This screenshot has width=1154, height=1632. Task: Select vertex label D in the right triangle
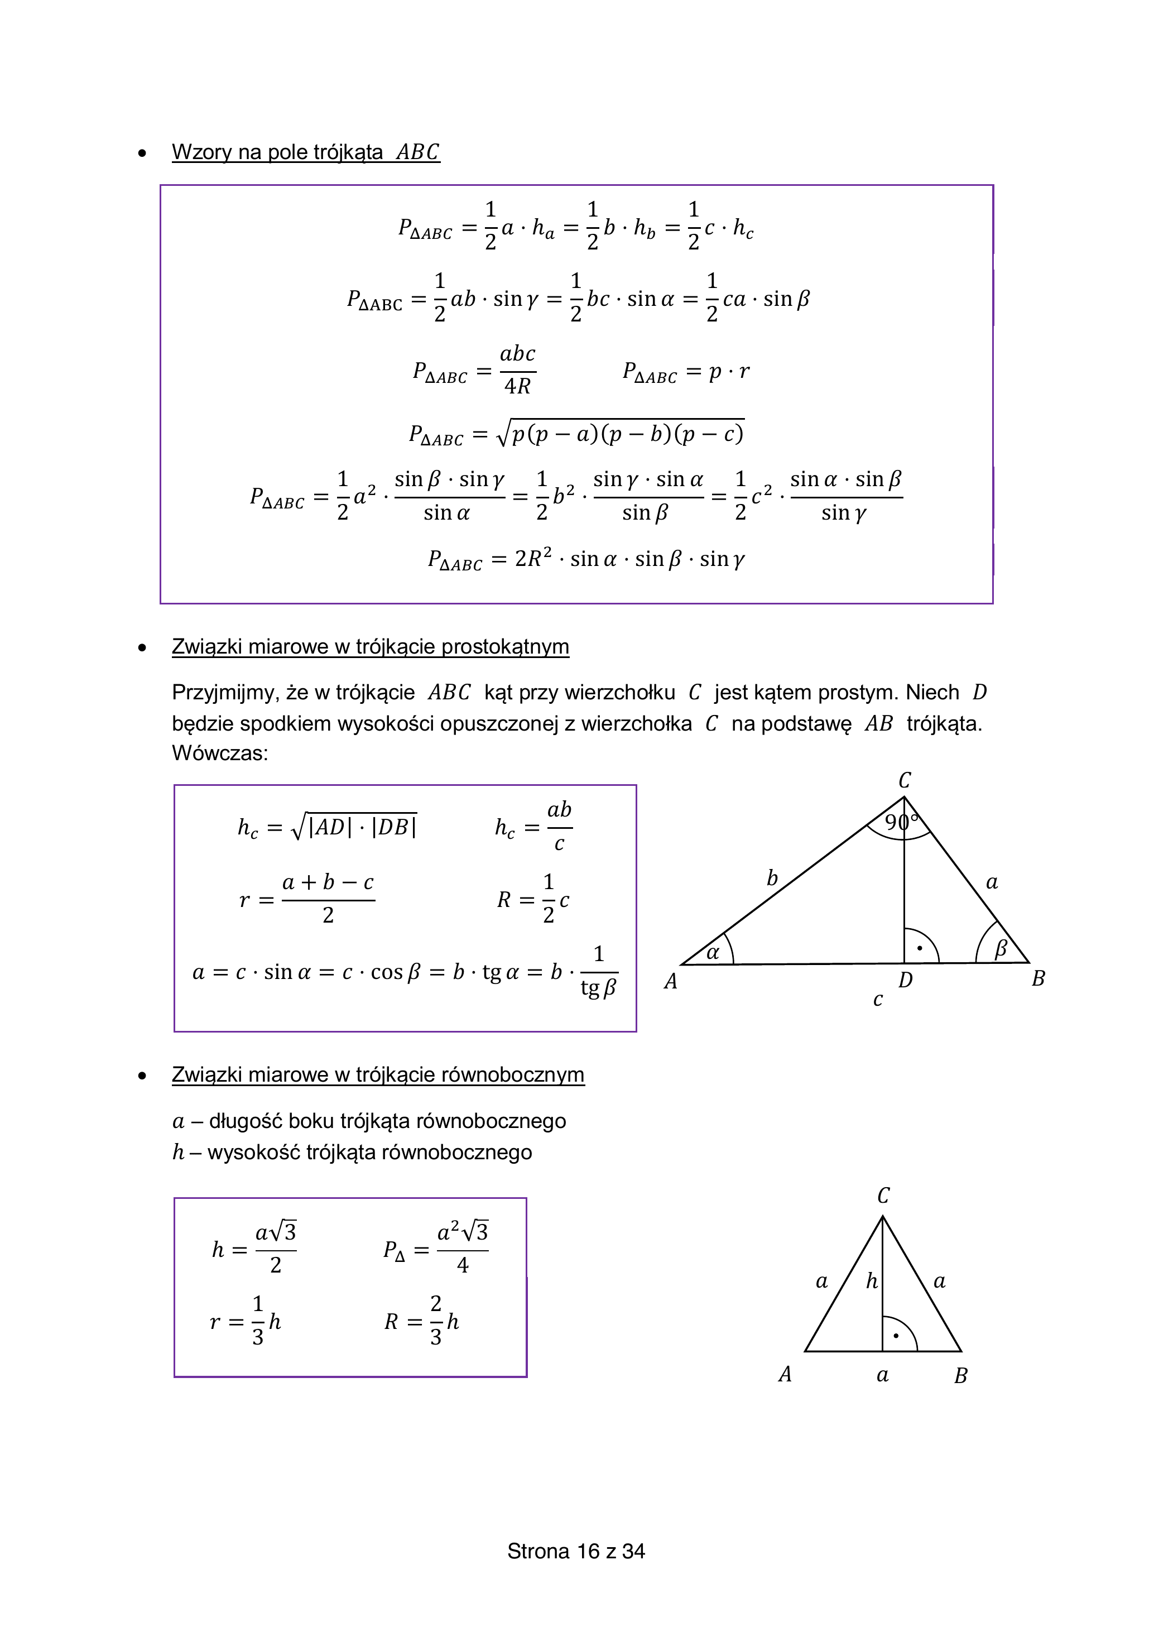[x=905, y=980]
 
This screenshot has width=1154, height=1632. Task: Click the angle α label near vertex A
[x=713, y=953]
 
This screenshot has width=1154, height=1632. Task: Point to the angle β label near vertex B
[x=1001, y=949]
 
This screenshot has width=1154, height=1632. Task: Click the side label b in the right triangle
[x=772, y=879]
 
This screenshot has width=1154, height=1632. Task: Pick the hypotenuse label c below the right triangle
[x=878, y=1000]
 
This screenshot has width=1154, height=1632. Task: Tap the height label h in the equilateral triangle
[x=872, y=1281]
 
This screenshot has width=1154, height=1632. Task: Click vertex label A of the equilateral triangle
[x=785, y=1374]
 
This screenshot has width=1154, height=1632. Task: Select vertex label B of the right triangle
[x=1038, y=979]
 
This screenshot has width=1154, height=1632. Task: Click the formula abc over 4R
[x=517, y=369]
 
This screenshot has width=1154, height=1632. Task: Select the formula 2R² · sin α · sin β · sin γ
[x=629, y=559]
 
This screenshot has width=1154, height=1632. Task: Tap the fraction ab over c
[x=559, y=827]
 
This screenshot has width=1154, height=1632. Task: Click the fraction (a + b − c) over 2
[x=328, y=899]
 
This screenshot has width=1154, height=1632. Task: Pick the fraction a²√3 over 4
[x=463, y=1250]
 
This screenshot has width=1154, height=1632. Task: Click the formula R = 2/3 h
[x=422, y=1322]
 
